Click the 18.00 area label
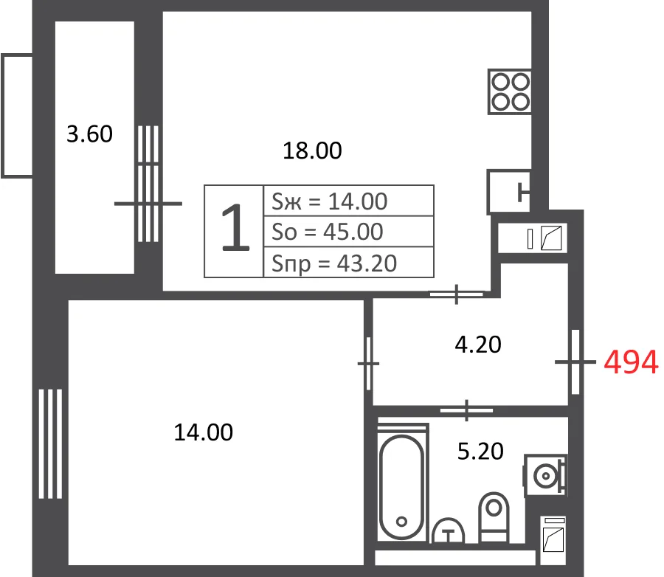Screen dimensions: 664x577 coord(312,151)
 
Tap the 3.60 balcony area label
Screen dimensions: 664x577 coord(90,134)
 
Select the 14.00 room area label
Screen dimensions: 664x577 coord(204,432)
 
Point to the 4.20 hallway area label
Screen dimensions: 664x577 coord(478,345)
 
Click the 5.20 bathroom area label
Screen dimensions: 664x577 coord(480,451)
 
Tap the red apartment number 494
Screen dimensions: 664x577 coord(631,362)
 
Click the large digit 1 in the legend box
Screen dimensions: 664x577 coord(235,228)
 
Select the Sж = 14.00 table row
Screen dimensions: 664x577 coord(348,201)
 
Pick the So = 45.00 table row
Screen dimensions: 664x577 coord(348,231)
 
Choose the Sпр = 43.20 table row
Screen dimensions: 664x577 coord(348,263)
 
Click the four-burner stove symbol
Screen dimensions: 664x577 coord(510,91)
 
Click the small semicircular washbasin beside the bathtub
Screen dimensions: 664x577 coord(448,531)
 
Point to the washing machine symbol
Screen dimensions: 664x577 coord(545,476)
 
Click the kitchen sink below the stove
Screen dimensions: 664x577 coord(509,192)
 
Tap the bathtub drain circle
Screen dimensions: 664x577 coord(401,522)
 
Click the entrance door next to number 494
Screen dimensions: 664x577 coord(575,362)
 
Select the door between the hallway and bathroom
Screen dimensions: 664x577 coord(466,410)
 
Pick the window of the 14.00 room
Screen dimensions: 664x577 coord(50,444)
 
